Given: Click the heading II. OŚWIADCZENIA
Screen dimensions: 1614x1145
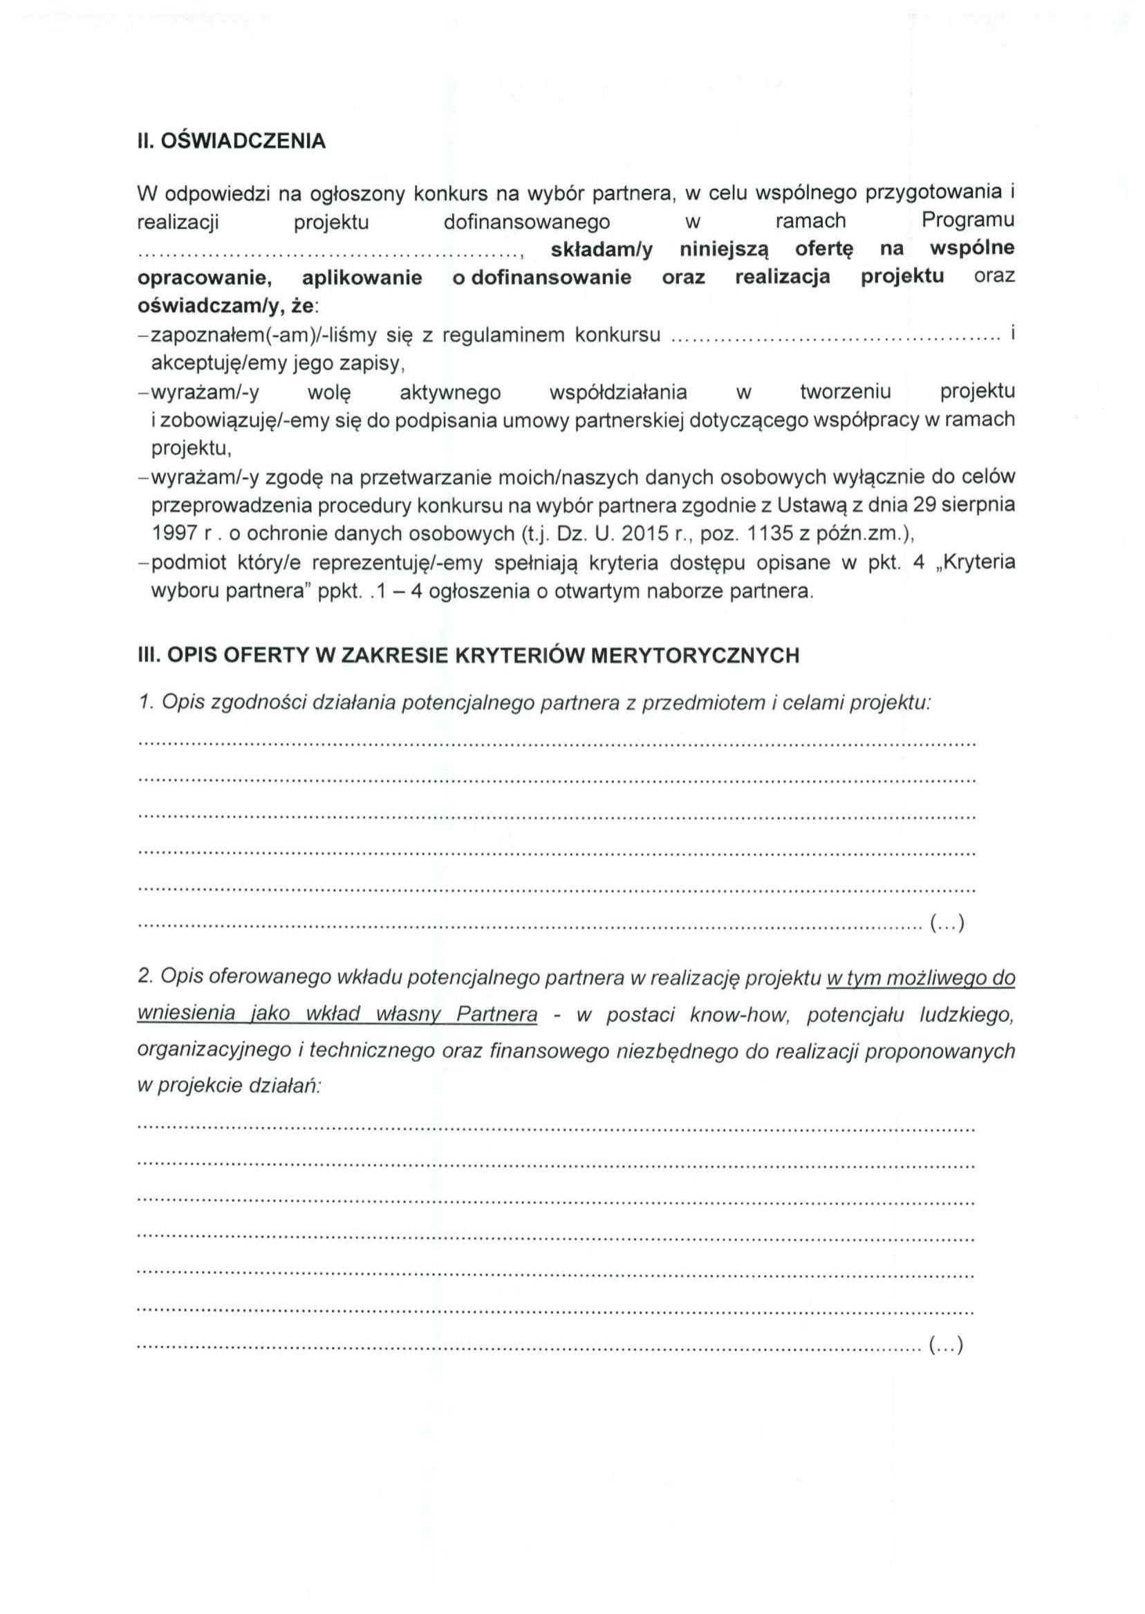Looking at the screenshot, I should pyautogui.click(x=231, y=141).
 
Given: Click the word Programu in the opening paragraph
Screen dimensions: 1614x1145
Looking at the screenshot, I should pyautogui.click(x=967, y=221).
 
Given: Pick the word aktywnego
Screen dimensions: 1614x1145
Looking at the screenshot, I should pyautogui.click(x=450, y=392).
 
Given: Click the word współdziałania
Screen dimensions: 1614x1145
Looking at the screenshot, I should pyautogui.click(x=617, y=392).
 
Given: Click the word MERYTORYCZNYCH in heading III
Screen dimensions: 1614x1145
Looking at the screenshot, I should pyautogui.click(x=694, y=656).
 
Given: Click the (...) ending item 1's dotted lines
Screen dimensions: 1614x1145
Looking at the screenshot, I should pyautogui.click(x=946, y=923).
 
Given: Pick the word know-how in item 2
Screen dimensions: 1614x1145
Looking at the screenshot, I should pyautogui.click(x=737, y=1015).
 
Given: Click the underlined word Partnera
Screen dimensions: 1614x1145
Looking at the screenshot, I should pyautogui.click(x=496, y=1015).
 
